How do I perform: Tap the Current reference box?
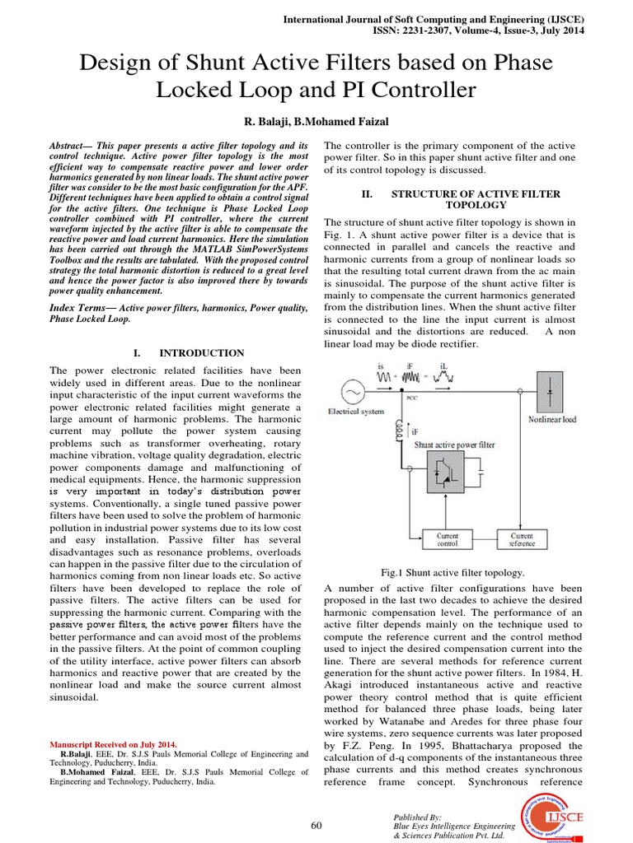522,539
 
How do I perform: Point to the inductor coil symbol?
403,430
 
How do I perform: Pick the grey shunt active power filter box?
438,480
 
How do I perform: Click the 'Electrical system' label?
356,411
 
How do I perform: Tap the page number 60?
316,826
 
